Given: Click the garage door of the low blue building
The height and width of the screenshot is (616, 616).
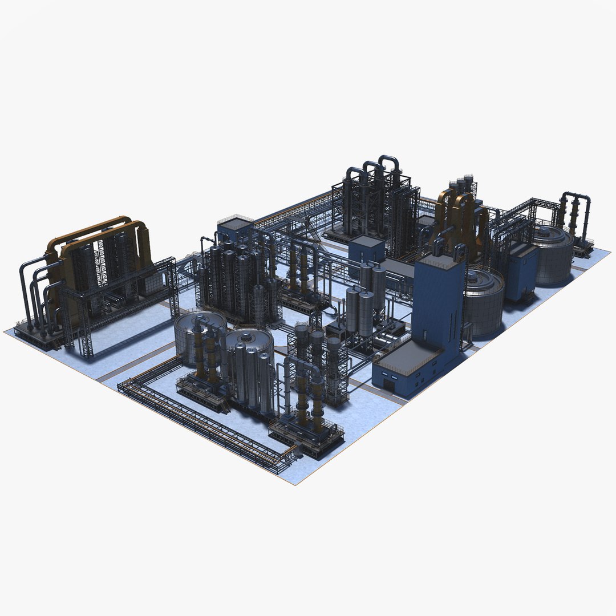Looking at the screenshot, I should coord(389,386).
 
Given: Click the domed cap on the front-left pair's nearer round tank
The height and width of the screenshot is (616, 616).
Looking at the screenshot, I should coord(246,337).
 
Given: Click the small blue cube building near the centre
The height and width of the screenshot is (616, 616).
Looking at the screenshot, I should coord(366,249).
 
